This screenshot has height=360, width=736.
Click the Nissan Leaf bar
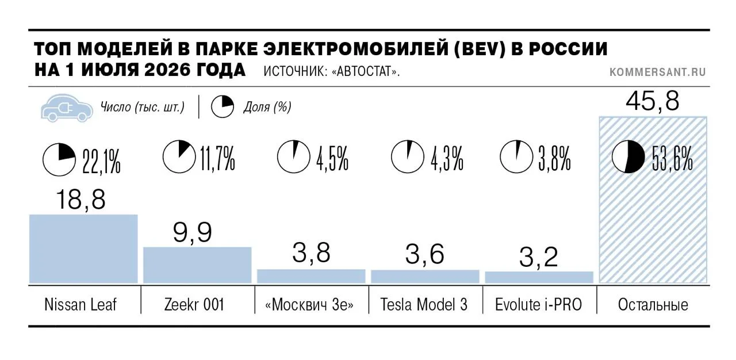[83, 248]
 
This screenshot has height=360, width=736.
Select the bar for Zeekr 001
[197, 265]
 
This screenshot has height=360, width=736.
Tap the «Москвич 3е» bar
[311, 276]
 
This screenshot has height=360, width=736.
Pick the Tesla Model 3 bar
[425, 277]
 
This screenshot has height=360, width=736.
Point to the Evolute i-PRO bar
[539, 277]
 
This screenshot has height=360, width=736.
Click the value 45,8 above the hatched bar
[653, 101]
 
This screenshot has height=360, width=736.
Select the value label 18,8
[81, 200]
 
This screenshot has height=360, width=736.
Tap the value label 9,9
[193, 232]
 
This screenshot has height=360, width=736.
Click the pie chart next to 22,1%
[59, 160]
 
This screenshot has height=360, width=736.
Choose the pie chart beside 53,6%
[628, 156]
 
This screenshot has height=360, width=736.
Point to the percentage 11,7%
[217, 159]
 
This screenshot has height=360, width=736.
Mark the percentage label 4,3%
[447, 159]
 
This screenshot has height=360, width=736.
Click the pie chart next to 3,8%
[516, 156]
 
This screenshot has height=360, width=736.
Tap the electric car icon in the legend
[67, 108]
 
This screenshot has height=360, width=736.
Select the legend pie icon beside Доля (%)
[223, 107]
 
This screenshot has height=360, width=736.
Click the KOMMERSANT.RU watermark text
[658, 72]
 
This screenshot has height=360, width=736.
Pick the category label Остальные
[653, 304]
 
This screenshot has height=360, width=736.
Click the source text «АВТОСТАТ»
[366, 71]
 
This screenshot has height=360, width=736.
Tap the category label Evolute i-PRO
[539, 304]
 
